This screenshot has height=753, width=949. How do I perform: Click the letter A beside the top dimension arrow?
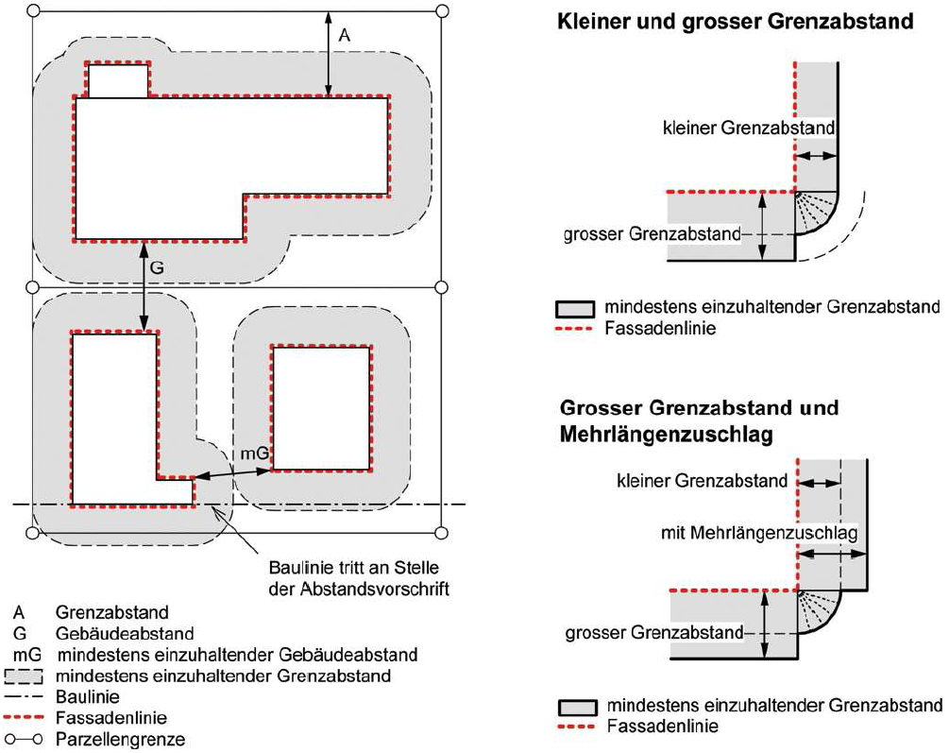pyautogui.click(x=344, y=36)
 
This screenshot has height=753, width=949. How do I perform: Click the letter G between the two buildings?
pyautogui.click(x=157, y=267)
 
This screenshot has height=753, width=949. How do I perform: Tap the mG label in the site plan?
pyautogui.click(x=255, y=454)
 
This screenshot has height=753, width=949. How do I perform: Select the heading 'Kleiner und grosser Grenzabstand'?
pyautogui.click(x=735, y=21)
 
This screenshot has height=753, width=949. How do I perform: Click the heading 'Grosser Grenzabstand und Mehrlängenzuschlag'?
pyautogui.click(x=699, y=421)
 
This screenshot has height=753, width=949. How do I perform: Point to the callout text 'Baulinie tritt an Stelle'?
pyautogui.click(x=354, y=568)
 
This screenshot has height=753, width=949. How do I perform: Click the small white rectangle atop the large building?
pyautogui.click(x=118, y=80)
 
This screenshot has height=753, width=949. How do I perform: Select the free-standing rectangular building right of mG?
pyautogui.click(x=321, y=408)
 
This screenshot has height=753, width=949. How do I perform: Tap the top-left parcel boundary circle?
pyautogui.click(x=34, y=11)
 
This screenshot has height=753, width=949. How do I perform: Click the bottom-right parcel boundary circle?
pyautogui.click(x=442, y=533)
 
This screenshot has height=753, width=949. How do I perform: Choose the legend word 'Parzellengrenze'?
pyautogui.click(x=121, y=740)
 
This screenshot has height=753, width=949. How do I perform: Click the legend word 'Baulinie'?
pyautogui.click(x=88, y=696)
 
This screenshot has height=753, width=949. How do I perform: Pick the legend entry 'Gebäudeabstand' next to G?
pyautogui.click(x=125, y=634)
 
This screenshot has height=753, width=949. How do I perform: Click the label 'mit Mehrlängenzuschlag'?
pyautogui.click(x=759, y=533)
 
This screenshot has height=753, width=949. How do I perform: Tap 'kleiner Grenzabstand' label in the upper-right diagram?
pyautogui.click(x=749, y=128)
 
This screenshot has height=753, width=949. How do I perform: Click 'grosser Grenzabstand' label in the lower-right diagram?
pyautogui.click(x=654, y=633)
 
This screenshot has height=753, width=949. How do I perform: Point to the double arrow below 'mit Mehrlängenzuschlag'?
pyautogui.click(x=832, y=554)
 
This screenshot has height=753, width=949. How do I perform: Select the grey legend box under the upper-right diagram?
pyautogui.click(x=574, y=308)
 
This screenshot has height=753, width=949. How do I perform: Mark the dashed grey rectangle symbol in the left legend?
pyautogui.click(x=23, y=676)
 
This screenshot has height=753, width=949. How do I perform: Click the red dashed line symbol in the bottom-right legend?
pyautogui.click(x=576, y=727)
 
